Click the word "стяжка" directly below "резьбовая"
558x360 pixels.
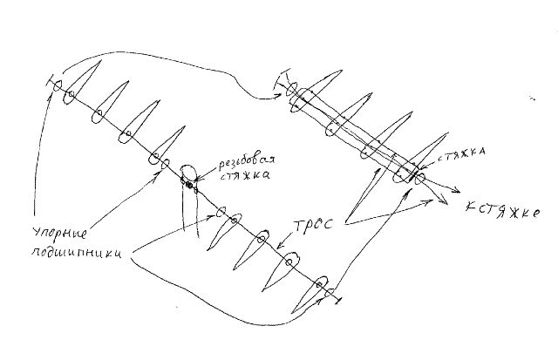244,176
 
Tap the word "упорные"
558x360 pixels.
59,234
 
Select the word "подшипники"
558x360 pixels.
77,252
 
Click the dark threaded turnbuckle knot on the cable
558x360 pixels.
189,186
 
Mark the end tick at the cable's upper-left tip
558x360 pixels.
49,80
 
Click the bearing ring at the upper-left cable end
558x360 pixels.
57,85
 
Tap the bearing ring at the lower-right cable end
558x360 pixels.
330,293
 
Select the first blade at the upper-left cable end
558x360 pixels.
81,82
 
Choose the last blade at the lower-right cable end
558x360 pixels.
309,295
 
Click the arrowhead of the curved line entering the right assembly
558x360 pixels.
281,95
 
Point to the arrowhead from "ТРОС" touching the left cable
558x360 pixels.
280,245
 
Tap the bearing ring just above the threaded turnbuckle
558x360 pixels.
165,164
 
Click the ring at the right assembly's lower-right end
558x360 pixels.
420,178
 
